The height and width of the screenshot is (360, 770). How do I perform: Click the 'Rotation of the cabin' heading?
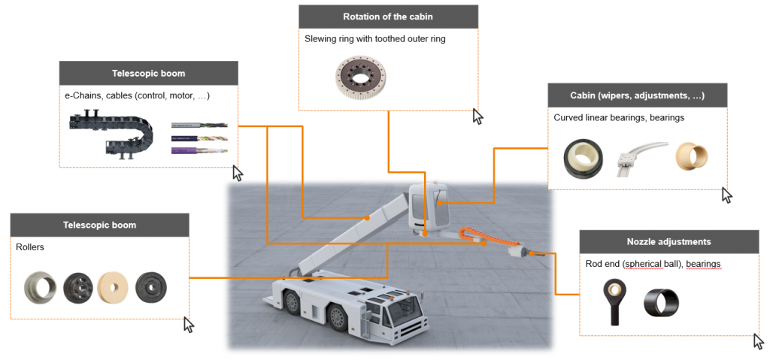coord(387,17)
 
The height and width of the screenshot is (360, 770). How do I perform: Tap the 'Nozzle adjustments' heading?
coord(668,242)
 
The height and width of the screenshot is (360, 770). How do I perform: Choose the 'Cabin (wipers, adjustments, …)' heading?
coord(637,96)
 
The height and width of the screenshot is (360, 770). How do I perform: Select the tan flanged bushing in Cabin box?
coord(690,155)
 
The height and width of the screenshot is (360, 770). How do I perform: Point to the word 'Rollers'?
coord(30,247)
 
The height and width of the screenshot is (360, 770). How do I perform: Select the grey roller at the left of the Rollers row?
coord(41,287)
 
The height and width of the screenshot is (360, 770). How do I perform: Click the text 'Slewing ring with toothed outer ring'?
coord(374,38)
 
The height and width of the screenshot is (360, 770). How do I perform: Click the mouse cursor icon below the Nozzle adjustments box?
coord(758,341)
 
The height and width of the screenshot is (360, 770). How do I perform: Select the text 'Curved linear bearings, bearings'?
coord(619,118)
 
